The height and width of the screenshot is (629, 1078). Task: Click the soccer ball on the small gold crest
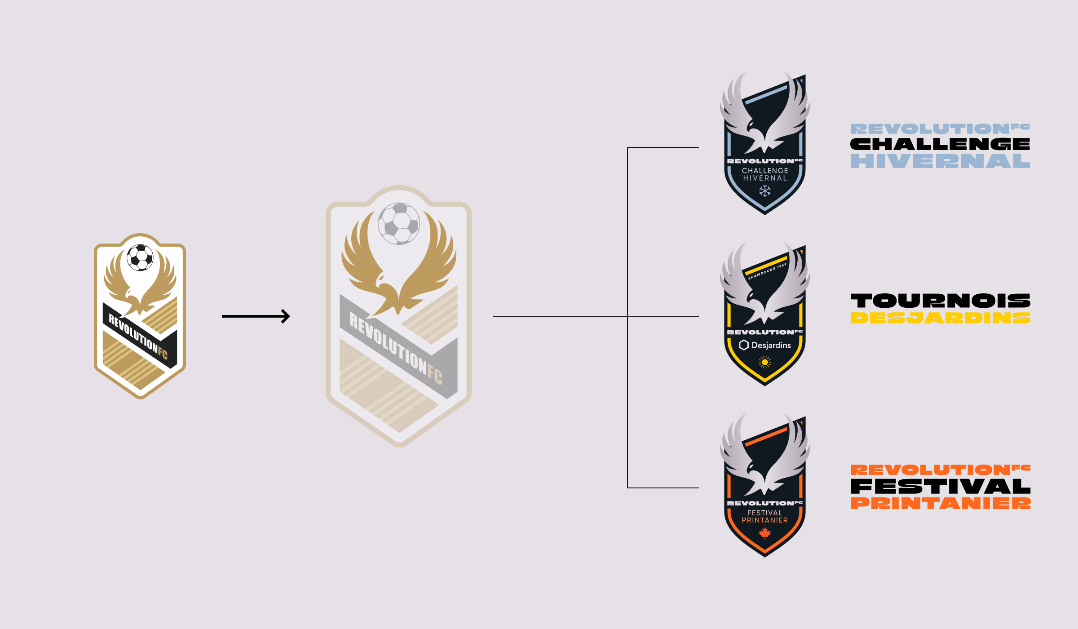(140, 257)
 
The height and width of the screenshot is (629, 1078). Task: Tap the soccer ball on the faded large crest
(399, 223)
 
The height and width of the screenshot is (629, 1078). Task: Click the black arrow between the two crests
(256, 316)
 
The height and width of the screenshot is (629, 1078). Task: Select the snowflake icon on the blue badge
(765, 190)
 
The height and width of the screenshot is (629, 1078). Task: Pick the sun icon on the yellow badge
(765, 362)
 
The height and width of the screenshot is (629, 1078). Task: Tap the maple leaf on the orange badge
(765, 533)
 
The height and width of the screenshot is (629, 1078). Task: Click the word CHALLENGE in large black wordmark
(940, 144)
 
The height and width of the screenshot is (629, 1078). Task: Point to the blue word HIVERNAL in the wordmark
(940, 161)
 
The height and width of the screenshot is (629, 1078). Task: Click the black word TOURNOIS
(940, 301)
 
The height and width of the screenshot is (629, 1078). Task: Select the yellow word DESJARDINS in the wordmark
(940, 318)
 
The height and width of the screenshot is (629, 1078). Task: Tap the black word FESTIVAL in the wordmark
(940, 487)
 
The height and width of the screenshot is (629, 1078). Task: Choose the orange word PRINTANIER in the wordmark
(940, 503)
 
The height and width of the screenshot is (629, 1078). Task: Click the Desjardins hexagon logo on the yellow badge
(744, 345)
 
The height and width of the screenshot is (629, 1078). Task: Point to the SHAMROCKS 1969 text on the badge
(767, 271)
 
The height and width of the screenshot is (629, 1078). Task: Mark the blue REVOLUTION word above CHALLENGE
(930, 129)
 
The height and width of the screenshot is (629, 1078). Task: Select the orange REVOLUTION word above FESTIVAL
(930, 470)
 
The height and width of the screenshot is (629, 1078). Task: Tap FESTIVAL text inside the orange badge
(765, 513)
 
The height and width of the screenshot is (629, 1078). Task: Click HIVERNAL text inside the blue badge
(765, 178)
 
